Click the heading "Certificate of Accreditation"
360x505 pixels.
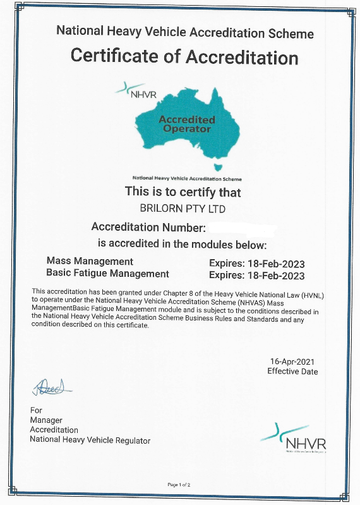pos(184,56)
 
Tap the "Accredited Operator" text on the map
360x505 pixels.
pos(187,123)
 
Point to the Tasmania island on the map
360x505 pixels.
pos(219,167)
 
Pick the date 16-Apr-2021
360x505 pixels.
pos(292,362)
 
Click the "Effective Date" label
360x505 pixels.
pos(292,372)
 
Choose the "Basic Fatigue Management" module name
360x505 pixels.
pos(108,274)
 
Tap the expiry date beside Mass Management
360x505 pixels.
pos(256,263)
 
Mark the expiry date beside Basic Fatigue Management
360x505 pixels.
pos(256,276)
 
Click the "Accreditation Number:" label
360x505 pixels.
pos(149,227)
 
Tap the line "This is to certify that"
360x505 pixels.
pos(183,192)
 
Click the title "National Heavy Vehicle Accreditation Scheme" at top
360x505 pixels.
pos(185,33)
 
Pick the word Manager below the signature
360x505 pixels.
pos(46,420)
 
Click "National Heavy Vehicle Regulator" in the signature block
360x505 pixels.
pos(90,440)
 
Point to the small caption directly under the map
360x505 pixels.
pos(187,178)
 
